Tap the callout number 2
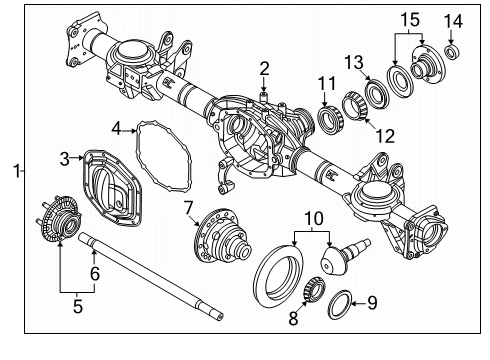(x=264, y=69)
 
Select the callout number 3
(x=65, y=159)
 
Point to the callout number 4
(x=117, y=128)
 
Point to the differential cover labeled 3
(x=110, y=191)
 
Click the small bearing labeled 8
(x=315, y=291)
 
